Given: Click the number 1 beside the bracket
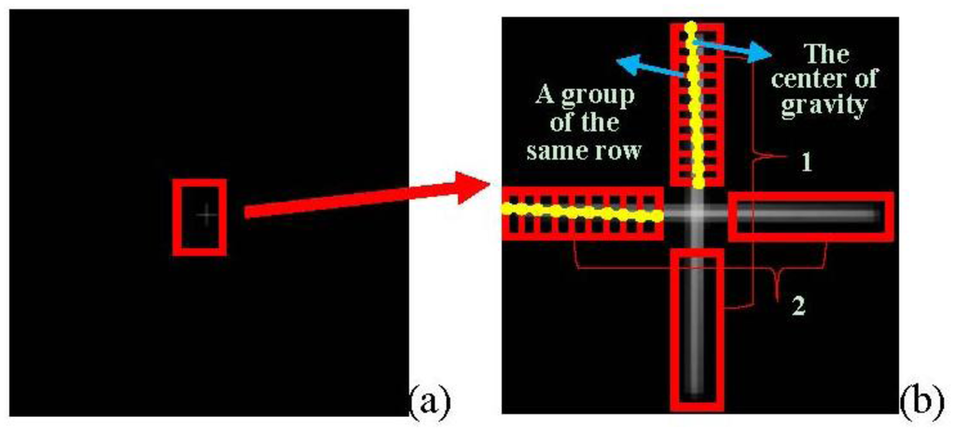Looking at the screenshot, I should [806, 162].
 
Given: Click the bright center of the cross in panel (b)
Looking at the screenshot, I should [697, 213].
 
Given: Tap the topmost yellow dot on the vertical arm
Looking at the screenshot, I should [691, 26].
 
